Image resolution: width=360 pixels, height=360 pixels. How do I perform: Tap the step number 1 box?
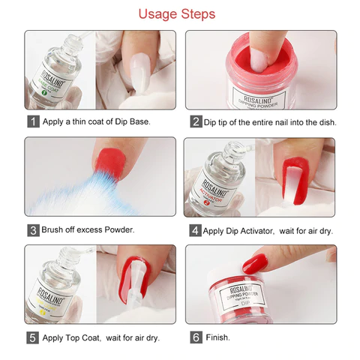point(33,121)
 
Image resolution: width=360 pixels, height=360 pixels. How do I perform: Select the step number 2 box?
point(196,121)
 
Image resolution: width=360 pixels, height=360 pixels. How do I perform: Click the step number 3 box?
point(33,229)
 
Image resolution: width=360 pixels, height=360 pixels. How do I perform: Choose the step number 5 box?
point(33,337)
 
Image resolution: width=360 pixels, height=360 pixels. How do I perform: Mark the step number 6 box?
point(196,337)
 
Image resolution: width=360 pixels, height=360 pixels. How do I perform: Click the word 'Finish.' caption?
point(218,337)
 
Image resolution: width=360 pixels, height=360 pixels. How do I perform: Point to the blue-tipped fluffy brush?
point(71,191)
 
